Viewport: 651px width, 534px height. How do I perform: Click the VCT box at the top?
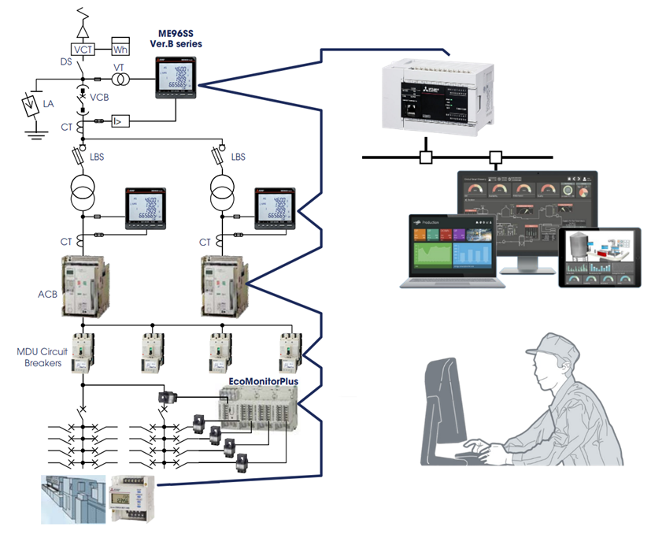point(83,49)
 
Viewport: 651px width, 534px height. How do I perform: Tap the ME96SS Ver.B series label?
point(176,39)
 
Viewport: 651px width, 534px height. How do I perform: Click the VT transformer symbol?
point(120,80)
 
